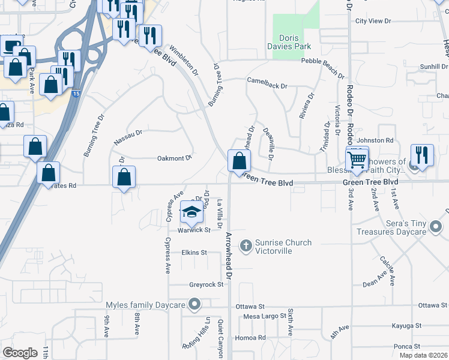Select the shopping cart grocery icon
pos(357,159)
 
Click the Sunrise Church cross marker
pos(246,245)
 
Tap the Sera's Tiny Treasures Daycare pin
pos(436,227)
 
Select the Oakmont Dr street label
pos(173,158)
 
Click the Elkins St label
pos(194,253)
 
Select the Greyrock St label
pos(206,284)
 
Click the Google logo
pos(20,353)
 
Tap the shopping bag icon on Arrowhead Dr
pos(239,160)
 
